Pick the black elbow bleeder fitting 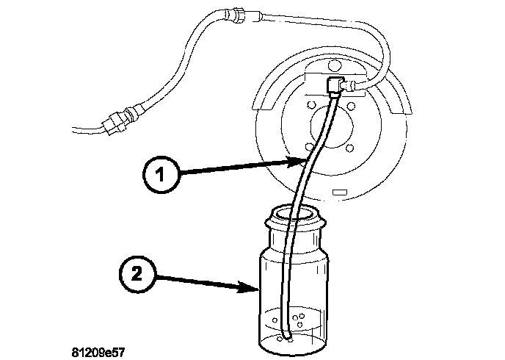(x=334, y=85)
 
